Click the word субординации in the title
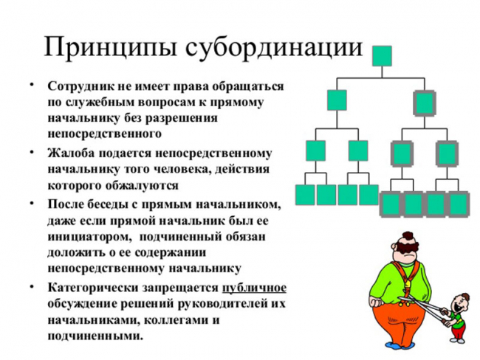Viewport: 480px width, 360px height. (x=274, y=46)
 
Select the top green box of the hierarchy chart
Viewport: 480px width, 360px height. (x=382, y=56)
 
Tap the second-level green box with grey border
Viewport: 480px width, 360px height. (x=425, y=103)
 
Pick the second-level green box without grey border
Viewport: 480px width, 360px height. (x=337, y=100)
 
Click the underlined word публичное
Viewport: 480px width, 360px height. (x=254, y=288)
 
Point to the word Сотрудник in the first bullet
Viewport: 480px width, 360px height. (x=80, y=86)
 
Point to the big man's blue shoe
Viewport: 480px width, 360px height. (x=396, y=345)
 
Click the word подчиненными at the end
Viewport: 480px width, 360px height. (x=95, y=336)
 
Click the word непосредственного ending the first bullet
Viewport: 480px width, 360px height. (x=104, y=134)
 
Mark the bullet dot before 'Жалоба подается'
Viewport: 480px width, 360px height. (x=31, y=152)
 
